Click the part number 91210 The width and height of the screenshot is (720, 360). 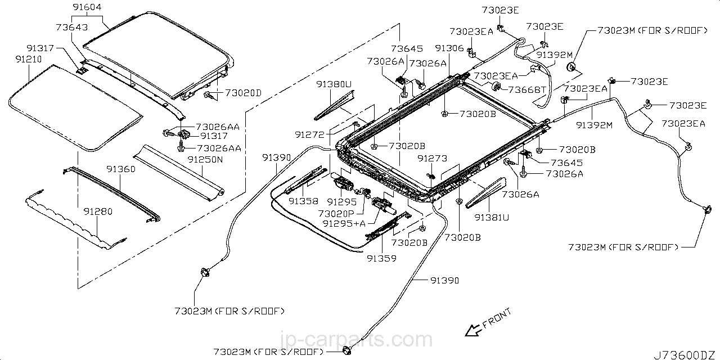tap(29, 59)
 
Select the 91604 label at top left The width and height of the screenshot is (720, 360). tap(87, 7)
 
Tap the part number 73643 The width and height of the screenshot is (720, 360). tap(71, 27)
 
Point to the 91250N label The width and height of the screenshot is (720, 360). tap(205, 159)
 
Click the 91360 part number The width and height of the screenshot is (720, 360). tap(121, 169)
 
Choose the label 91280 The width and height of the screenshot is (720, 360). tap(98, 211)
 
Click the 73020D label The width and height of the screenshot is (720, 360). tap(244, 93)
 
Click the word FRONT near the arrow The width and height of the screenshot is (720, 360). tap(497, 318)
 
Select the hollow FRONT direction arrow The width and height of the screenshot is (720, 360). tap(473, 330)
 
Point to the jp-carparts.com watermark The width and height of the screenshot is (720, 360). tap(356, 339)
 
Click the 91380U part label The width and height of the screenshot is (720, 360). tap(334, 84)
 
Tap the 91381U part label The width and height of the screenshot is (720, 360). tap(492, 218)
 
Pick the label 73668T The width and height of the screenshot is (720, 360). tap(526, 89)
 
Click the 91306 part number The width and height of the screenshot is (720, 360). tap(449, 48)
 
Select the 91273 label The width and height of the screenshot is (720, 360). tap(433, 158)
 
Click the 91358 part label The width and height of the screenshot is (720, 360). tap(303, 201)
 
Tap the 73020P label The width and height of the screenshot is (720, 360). tap(336, 213)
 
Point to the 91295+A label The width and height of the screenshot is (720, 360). tap(344, 223)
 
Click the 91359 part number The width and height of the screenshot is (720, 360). tap(382, 258)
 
